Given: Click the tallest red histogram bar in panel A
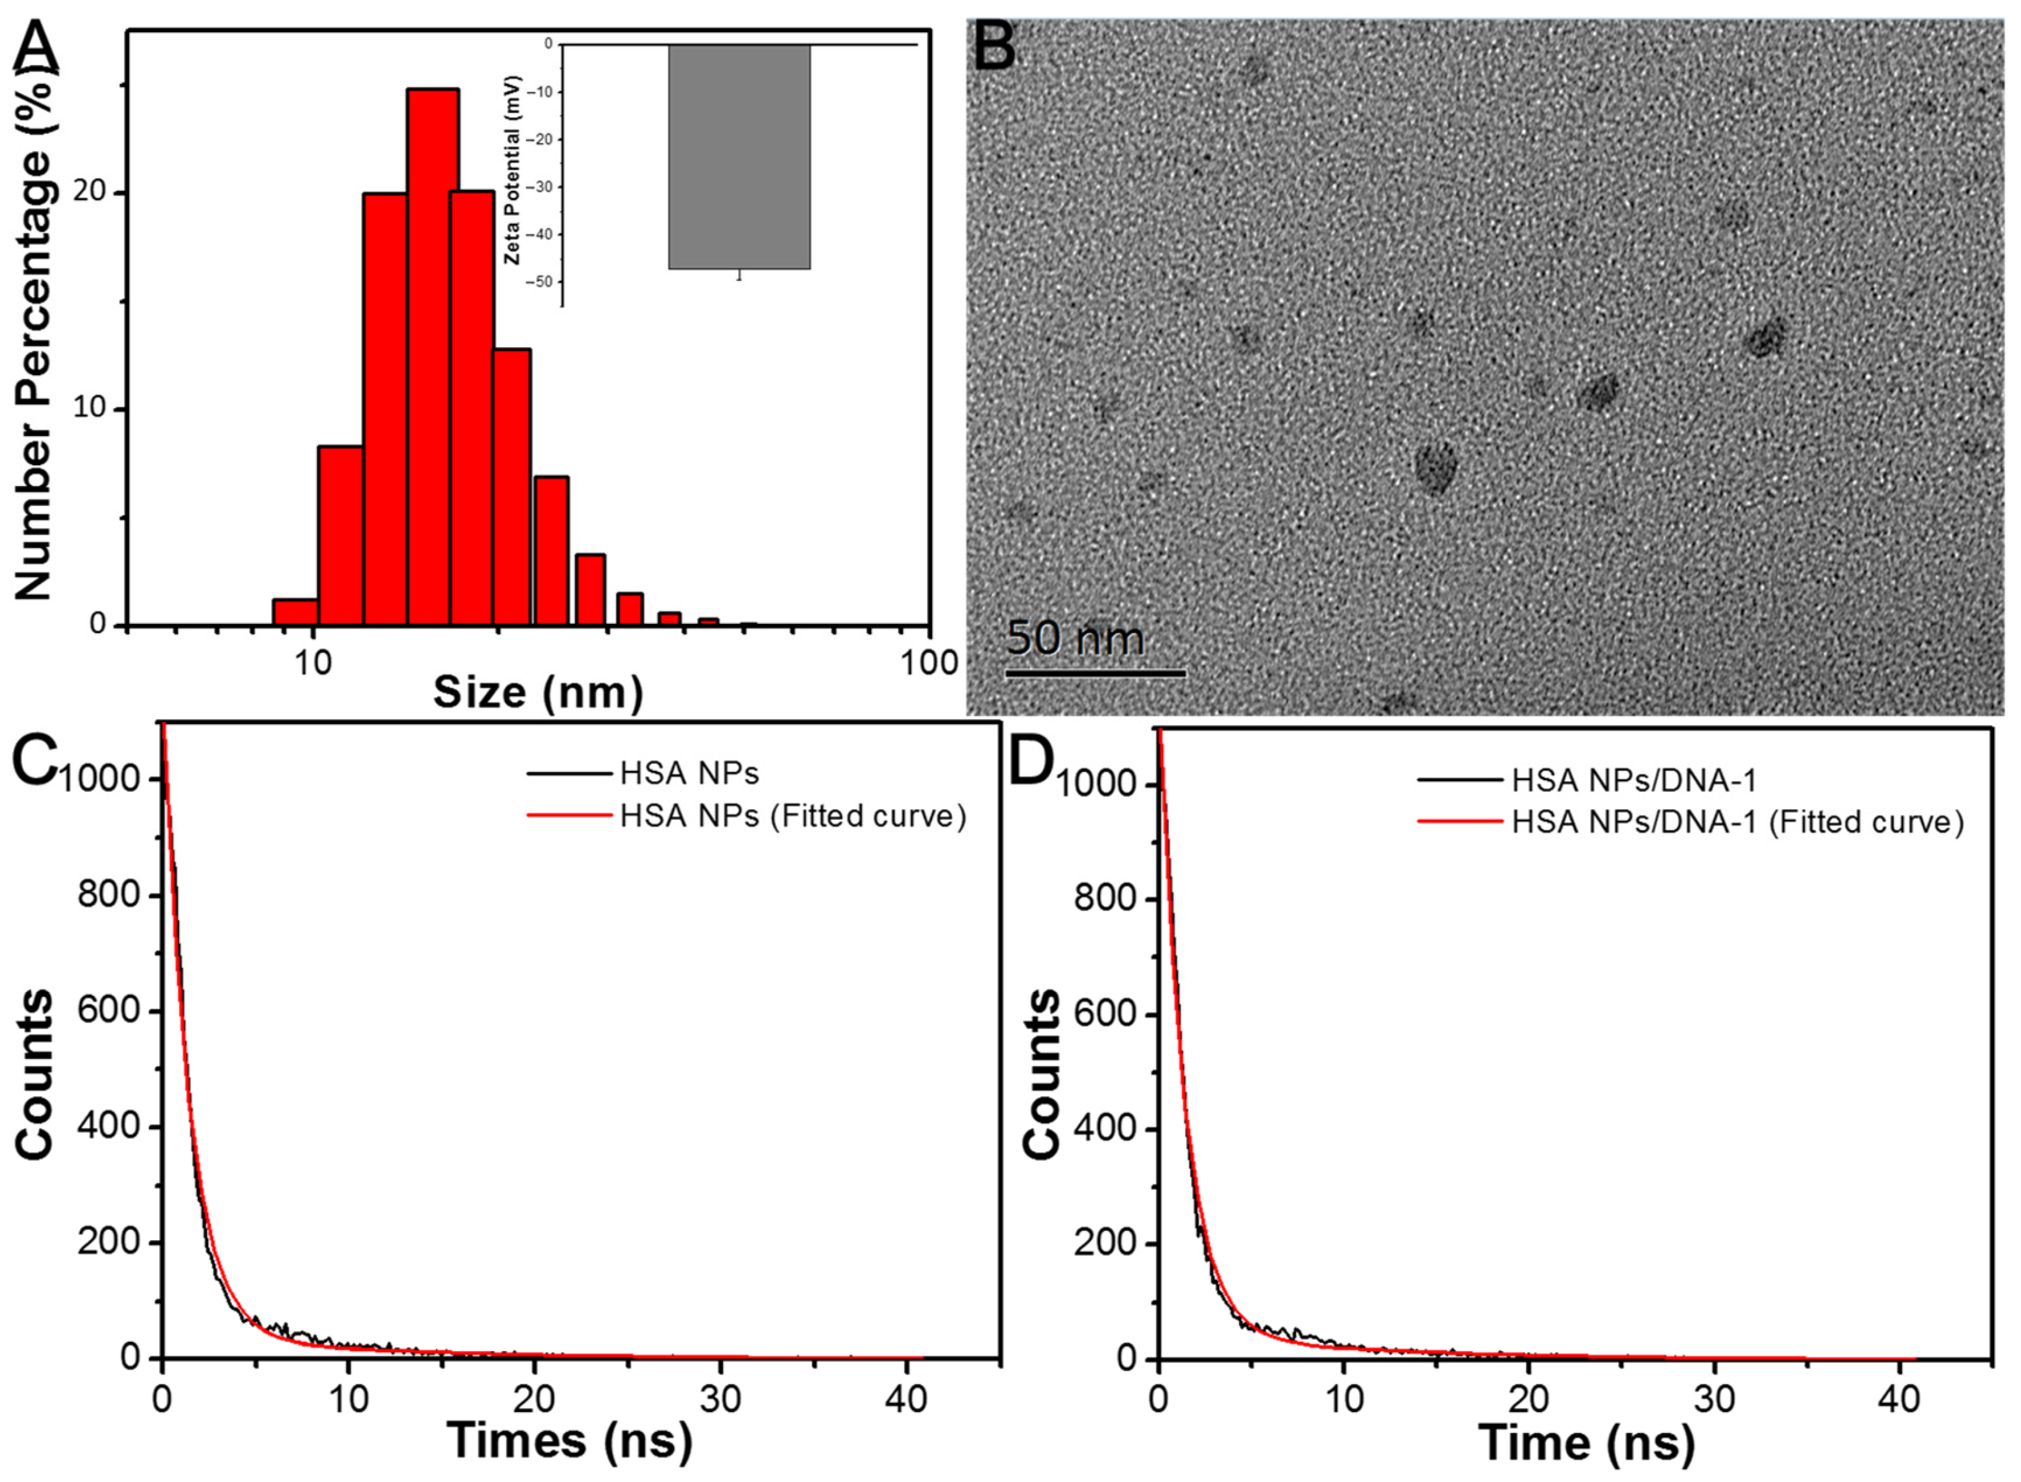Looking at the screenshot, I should [432, 359].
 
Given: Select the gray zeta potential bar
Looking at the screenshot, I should [739, 157].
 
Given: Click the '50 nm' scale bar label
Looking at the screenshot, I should [1075, 639].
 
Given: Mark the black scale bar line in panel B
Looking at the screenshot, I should [1095, 673].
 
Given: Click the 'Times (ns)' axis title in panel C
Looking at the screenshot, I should [570, 1440].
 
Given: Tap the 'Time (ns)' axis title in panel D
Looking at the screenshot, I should [1586, 1442].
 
